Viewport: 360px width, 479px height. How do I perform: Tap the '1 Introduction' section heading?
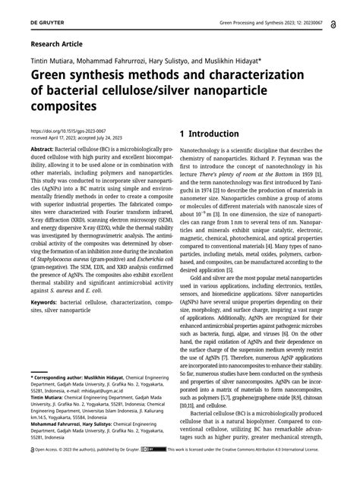coord(210,134)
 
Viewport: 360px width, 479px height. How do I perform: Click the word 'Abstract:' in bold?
coord(44,151)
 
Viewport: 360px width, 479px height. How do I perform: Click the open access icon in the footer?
coord(33,471)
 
